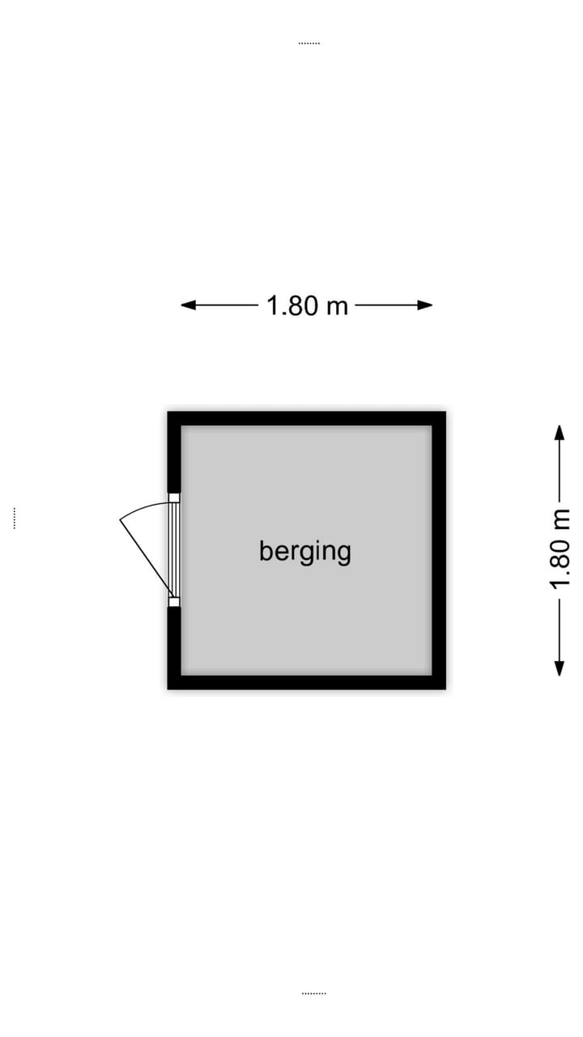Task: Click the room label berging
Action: [x=305, y=552]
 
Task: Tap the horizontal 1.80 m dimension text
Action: [x=307, y=305]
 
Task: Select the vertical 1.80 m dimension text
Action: [x=560, y=549]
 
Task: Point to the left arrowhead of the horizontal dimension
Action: [x=189, y=305]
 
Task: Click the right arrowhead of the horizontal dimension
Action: [x=424, y=305]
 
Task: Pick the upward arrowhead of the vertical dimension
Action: [x=560, y=433]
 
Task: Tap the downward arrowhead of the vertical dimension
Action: [x=560, y=668]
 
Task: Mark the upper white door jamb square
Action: [x=174, y=498]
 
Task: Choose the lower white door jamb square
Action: [x=174, y=602]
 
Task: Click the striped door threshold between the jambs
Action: [x=174, y=550]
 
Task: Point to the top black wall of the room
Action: [x=307, y=419]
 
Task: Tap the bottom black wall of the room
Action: [x=307, y=682]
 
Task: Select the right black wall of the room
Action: [x=439, y=550]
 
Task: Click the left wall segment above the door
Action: [x=174, y=452]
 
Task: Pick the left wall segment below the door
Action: [x=174, y=648]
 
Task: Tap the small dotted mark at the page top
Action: [x=309, y=44]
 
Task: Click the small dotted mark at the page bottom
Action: [x=314, y=993]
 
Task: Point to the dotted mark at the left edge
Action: [x=15, y=518]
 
